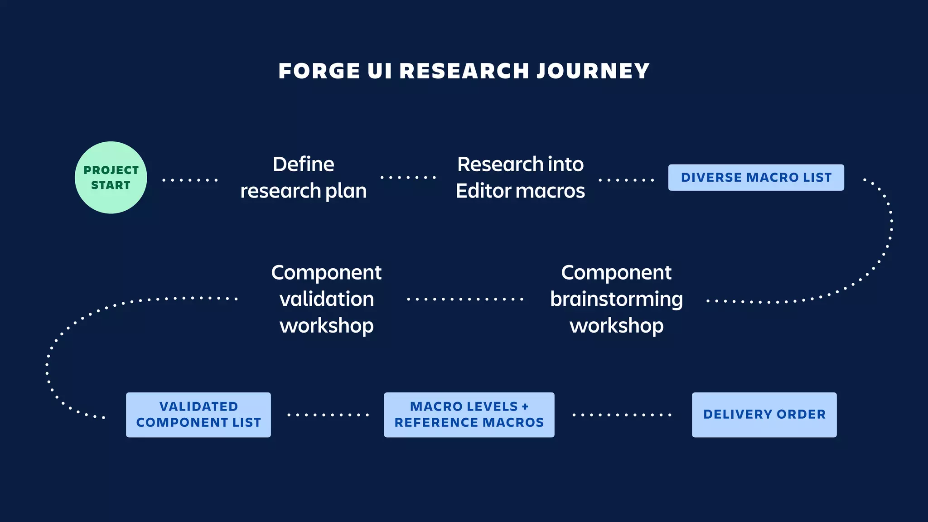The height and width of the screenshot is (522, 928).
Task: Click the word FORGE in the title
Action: point(319,71)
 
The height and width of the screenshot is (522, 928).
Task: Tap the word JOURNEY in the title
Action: point(593,71)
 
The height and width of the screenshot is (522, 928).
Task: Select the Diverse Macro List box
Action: point(756,178)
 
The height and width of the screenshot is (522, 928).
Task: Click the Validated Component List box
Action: point(198,415)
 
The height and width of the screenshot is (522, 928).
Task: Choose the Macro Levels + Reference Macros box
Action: point(469,415)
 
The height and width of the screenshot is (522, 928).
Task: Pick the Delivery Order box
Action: point(764,415)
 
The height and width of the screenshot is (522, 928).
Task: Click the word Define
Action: point(303,164)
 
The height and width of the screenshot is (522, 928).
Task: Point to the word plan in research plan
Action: point(346,191)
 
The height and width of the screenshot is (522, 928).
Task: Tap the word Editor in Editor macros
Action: point(484,191)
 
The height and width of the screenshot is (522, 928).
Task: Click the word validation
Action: point(327,300)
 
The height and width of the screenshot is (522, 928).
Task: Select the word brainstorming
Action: point(616,300)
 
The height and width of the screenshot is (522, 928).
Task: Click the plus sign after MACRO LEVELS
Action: point(525,406)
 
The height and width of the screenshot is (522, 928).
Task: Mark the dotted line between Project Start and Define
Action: point(190,180)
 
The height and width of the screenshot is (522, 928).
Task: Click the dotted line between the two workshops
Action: point(465,299)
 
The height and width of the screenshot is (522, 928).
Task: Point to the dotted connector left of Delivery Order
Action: point(622,415)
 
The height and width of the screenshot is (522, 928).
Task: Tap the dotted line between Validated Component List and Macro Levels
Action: point(328,415)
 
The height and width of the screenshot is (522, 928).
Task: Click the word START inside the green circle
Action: point(111,185)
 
